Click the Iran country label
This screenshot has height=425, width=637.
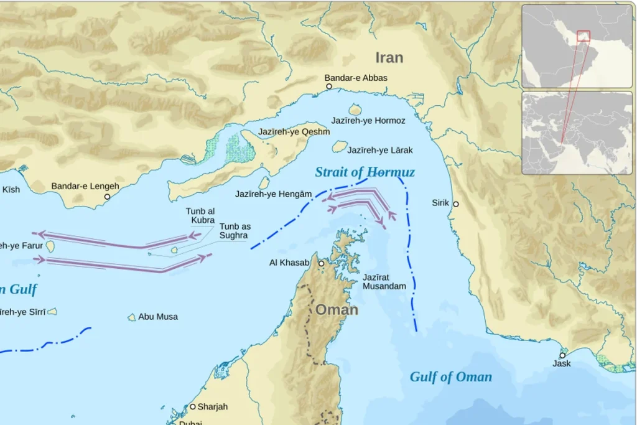click(389, 58)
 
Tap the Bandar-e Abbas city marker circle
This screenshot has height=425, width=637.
click(329, 86)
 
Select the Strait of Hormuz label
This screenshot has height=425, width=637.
click(365, 172)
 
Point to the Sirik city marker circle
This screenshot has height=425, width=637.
click(456, 204)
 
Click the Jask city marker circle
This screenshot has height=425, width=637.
click(562, 355)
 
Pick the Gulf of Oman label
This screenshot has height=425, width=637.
click(450, 376)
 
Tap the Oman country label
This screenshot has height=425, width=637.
click(337, 309)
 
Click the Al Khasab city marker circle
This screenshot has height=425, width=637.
click(322, 264)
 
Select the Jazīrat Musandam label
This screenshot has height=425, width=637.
click(384, 281)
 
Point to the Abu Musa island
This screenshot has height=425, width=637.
click(132, 317)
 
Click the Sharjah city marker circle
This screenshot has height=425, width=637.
click(193, 406)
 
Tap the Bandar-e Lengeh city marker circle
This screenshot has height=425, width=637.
click(107, 197)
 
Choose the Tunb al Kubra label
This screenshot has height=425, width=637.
click(200, 216)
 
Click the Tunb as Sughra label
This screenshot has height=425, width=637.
click(233, 231)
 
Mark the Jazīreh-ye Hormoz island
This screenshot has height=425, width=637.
click(355, 110)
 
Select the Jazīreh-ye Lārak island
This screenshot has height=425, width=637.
click(339, 146)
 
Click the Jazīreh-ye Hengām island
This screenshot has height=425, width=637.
click(264, 182)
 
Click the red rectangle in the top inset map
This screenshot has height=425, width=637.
click(583, 36)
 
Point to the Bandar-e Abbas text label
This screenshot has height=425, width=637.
click(356, 78)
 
